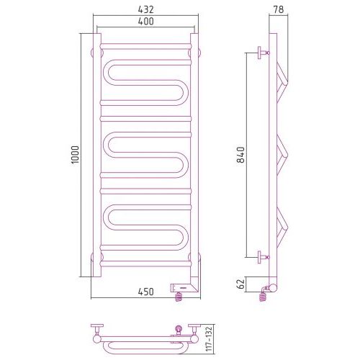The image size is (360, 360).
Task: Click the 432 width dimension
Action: (145, 9)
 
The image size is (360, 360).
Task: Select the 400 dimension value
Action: (145, 22)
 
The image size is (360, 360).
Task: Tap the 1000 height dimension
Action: (75, 155)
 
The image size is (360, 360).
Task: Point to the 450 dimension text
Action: (145, 292)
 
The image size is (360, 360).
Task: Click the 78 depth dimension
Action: (279, 9)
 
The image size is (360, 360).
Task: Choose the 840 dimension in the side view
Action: (240, 155)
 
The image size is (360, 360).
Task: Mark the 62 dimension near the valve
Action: (241, 284)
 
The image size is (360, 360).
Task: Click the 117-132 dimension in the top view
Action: (209, 338)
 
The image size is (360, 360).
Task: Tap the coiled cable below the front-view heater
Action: (179, 297)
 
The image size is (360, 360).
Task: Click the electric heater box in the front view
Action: (184, 287)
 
